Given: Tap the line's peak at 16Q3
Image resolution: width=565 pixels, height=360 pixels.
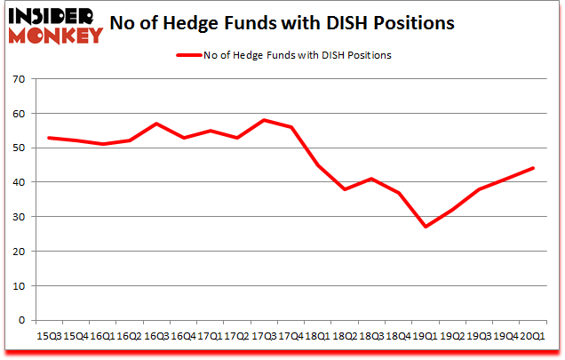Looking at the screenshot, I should pyautogui.click(x=157, y=124).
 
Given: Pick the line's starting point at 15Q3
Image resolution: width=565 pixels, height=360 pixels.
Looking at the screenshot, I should pyautogui.click(x=49, y=137).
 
